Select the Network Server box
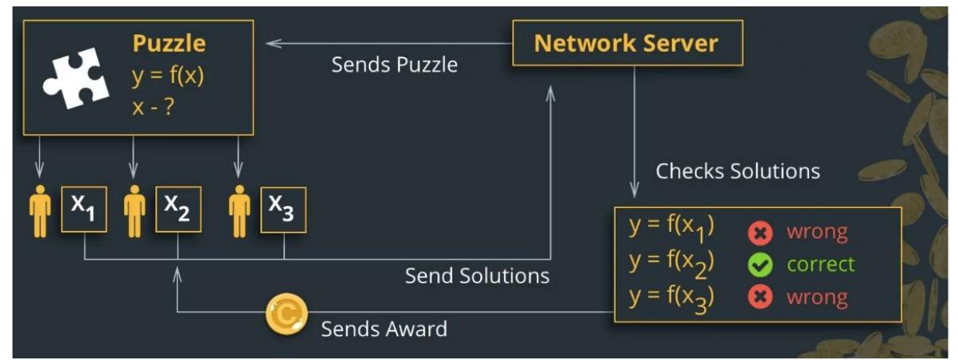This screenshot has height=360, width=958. [627, 43]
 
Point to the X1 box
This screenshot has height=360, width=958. [84, 209]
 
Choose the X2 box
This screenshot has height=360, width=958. [178, 209]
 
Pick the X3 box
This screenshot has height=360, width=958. [283, 209]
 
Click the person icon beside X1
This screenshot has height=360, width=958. [40, 209]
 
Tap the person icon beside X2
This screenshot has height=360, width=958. [135, 209]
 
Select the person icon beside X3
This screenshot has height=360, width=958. [238, 209]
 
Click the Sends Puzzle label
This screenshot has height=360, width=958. [394, 65]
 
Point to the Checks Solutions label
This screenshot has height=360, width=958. [737, 171]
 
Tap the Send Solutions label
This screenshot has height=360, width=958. [477, 276]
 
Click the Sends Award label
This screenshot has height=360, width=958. [384, 328]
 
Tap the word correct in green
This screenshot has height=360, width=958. [819, 264]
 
